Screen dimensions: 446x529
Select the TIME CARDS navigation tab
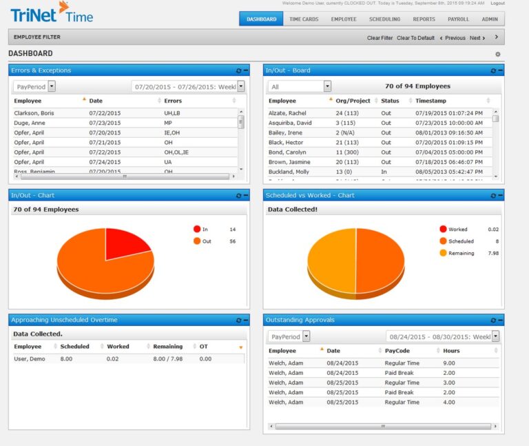(304, 19)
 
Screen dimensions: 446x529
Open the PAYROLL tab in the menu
(458, 19)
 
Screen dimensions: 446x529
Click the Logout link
(497, 3)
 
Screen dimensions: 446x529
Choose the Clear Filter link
(380, 38)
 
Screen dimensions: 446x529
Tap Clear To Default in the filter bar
(415, 38)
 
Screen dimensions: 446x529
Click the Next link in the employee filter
(477, 38)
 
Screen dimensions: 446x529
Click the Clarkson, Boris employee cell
(34, 113)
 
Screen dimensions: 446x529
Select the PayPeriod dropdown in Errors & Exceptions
(34, 86)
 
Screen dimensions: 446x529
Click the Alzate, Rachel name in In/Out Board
(288, 113)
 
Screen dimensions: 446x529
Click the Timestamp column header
(431, 101)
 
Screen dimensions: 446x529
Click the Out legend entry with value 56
(207, 241)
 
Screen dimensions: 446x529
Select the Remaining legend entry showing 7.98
(461, 253)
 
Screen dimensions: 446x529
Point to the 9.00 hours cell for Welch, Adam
(448, 363)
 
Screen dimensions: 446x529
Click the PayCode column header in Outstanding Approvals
(397, 351)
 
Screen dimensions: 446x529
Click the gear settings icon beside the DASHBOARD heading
(498, 54)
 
